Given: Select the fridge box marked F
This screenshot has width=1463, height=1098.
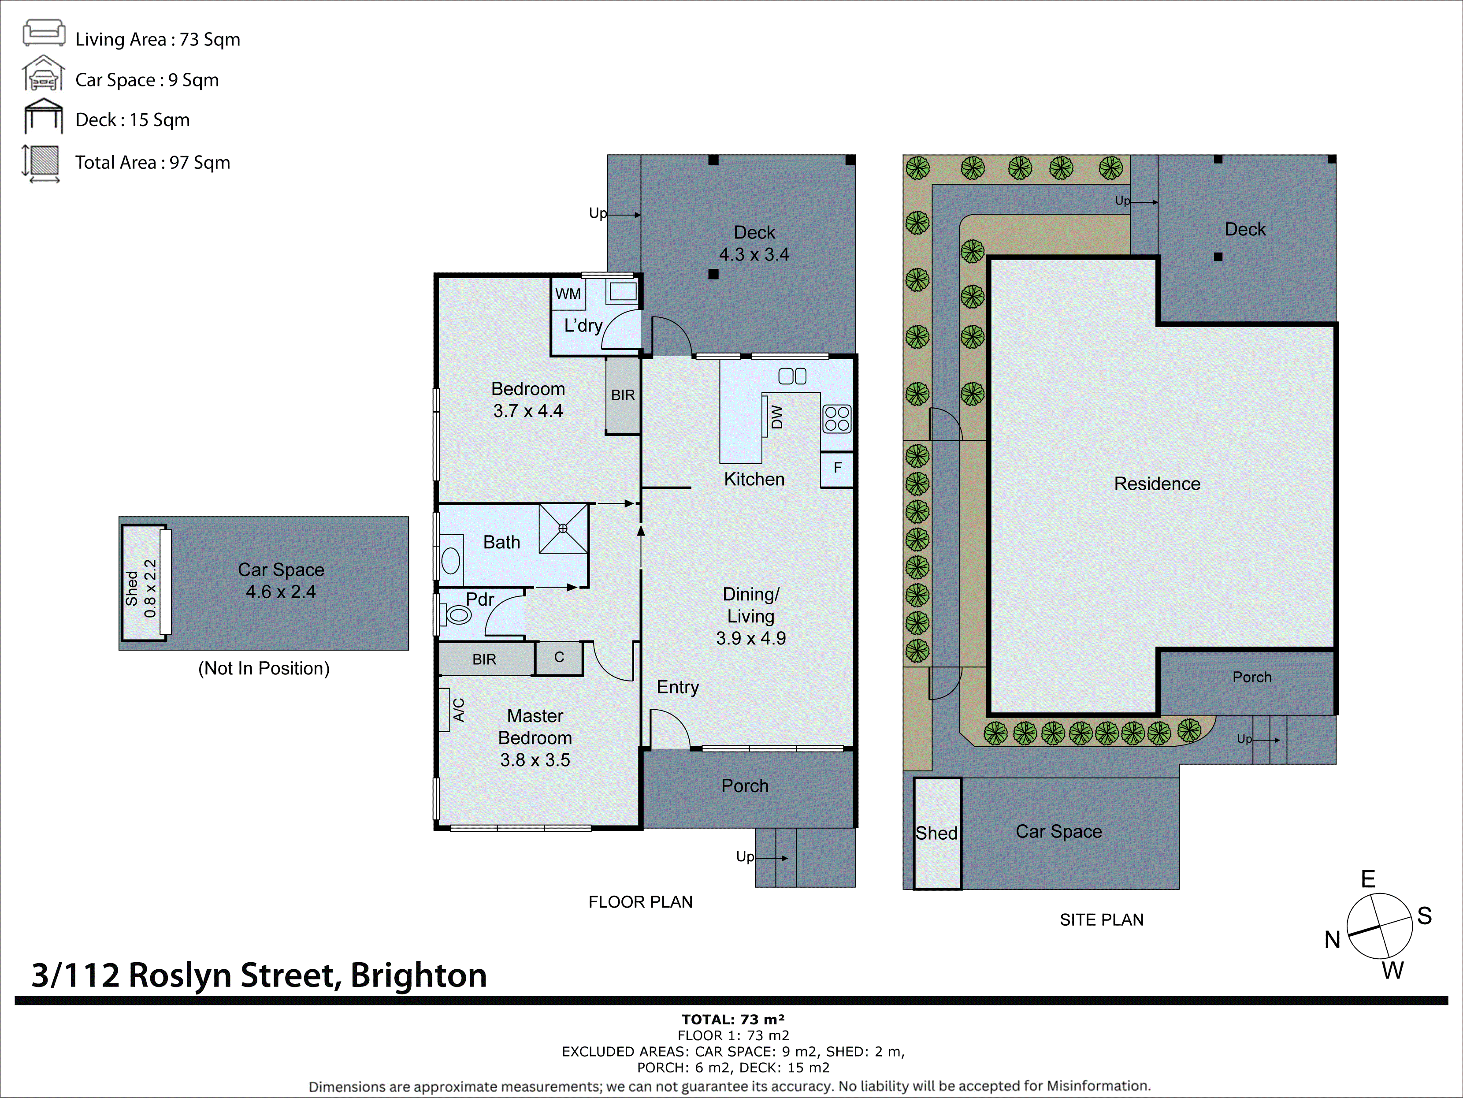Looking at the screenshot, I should (837, 468).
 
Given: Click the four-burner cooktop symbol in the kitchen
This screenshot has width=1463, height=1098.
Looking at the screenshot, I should (837, 419).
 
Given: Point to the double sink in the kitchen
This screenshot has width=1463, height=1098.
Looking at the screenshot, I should (792, 376).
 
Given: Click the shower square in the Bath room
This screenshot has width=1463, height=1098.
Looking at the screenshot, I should (563, 529).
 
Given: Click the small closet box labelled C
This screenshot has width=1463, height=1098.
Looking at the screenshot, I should (559, 658).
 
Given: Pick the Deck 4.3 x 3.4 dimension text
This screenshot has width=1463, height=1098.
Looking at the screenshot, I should (754, 255).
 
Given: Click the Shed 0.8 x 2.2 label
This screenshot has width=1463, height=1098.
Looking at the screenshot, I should (141, 588).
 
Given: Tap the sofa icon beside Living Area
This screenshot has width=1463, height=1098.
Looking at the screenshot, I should (44, 33).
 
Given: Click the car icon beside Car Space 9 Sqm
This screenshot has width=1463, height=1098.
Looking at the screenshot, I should (44, 75).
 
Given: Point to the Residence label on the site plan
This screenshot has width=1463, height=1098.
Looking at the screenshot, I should (1157, 484).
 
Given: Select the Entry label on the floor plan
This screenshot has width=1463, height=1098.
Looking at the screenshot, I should (677, 687).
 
